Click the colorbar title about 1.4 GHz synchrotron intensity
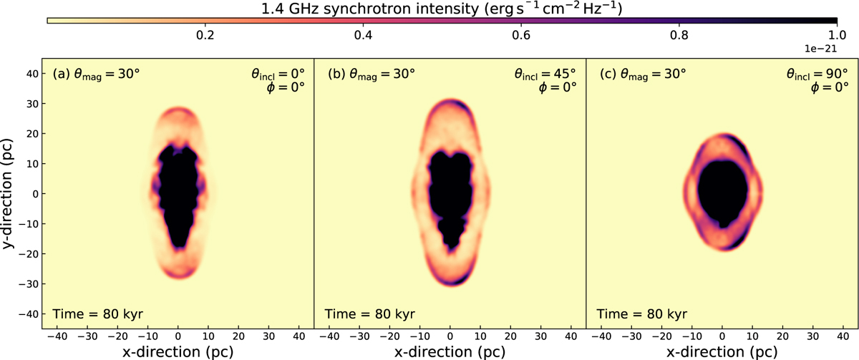coord(440,9)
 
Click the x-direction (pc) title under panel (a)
coord(178,351)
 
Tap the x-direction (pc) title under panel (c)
coord(722,351)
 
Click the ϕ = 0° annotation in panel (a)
coord(285,88)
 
